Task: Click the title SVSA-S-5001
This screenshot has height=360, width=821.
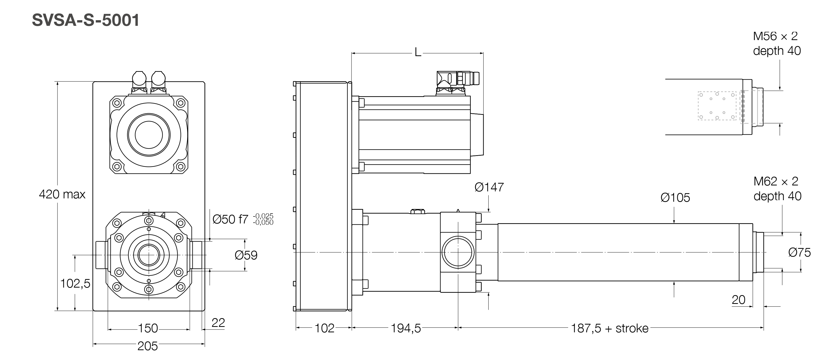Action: (85, 20)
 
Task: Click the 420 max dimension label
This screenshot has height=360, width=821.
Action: (62, 194)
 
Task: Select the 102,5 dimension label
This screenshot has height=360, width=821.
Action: (75, 283)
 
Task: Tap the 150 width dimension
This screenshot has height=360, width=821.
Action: (148, 328)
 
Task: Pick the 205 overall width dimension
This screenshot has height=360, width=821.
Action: (148, 346)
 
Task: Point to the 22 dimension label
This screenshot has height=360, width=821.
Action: (218, 323)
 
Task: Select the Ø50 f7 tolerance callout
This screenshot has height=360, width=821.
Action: (242, 219)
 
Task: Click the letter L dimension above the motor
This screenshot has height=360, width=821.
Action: (417, 52)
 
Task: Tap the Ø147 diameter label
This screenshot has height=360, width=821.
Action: (489, 187)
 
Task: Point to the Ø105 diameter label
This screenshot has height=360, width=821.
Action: (675, 198)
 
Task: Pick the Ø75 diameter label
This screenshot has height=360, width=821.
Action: (799, 253)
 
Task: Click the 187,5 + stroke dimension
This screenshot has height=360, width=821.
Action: (609, 328)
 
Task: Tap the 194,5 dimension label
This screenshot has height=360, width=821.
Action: (405, 328)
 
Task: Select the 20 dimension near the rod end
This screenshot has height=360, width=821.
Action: (738, 300)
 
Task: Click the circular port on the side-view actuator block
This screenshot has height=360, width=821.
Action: (458, 252)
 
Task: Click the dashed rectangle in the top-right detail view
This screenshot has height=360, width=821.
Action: (717, 106)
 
